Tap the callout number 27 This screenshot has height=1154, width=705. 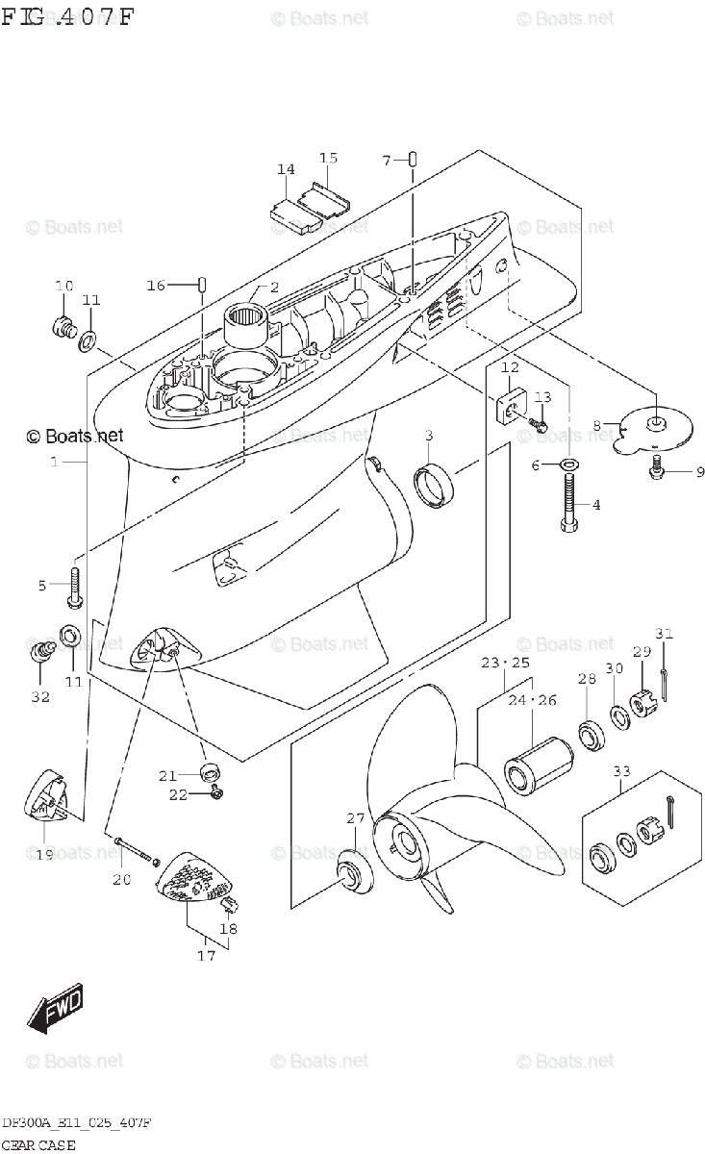356,818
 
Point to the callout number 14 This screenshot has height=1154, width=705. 286,170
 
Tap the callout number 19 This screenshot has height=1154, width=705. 44,855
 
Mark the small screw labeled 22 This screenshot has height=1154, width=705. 216,793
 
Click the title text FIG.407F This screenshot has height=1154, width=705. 67,18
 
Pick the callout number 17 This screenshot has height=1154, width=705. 206,956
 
